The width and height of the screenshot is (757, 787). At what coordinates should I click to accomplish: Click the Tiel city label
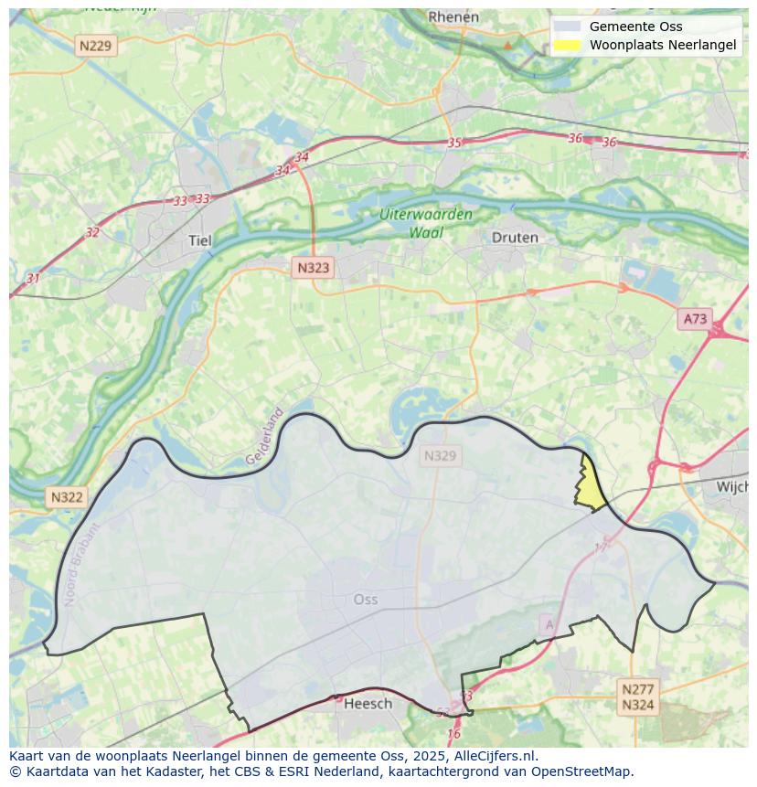click(198, 240)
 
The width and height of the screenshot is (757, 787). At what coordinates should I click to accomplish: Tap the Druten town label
click(515, 238)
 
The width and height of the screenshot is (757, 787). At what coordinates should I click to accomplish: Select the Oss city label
click(365, 600)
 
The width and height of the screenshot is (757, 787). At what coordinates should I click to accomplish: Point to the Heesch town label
click(368, 703)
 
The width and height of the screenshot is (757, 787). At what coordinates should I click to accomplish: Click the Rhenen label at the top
click(453, 16)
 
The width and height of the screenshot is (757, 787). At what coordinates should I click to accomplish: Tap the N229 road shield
click(96, 44)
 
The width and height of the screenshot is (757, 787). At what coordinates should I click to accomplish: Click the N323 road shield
click(313, 268)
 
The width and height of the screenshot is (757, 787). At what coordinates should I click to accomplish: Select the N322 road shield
click(67, 497)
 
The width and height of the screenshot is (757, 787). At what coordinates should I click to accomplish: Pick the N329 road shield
click(440, 455)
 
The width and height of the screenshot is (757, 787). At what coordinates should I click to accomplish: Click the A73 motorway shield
click(695, 319)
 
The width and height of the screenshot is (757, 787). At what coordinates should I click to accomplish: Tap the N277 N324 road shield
click(637, 697)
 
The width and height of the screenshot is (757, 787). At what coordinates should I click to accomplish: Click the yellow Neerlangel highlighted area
click(591, 485)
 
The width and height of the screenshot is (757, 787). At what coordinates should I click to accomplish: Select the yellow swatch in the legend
click(567, 44)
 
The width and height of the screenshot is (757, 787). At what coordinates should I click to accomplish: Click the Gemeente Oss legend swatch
click(567, 27)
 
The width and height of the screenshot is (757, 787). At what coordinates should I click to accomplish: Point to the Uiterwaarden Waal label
click(426, 224)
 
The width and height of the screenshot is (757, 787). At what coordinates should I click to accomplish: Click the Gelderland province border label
click(265, 436)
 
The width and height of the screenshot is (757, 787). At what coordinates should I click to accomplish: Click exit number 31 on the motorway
click(34, 278)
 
